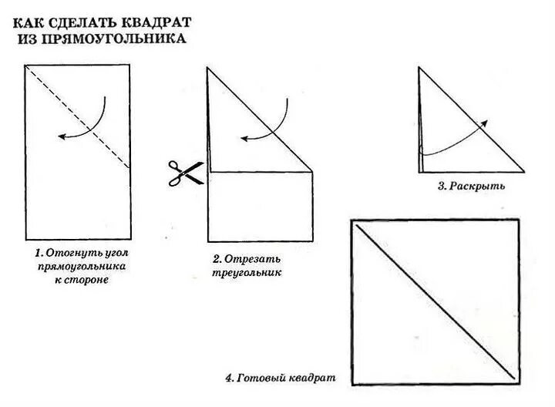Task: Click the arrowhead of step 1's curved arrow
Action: pyautogui.click(x=62, y=136)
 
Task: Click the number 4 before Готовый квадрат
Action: pyautogui.click(x=229, y=379)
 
